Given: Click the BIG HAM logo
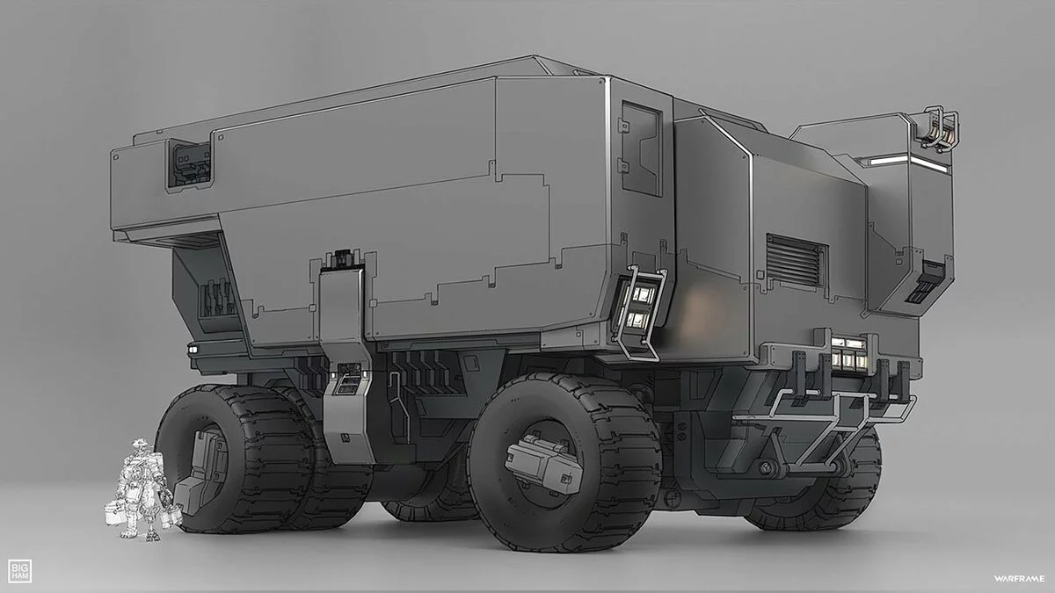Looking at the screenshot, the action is pos(19,571).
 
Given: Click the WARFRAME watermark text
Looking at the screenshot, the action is pos(1019,579).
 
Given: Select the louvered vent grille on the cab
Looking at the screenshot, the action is pos(797,261).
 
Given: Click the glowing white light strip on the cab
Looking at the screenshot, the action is pos(907,163).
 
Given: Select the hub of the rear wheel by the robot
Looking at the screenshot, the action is pos(203,470).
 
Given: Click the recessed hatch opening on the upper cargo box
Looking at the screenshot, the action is pos(188,166).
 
